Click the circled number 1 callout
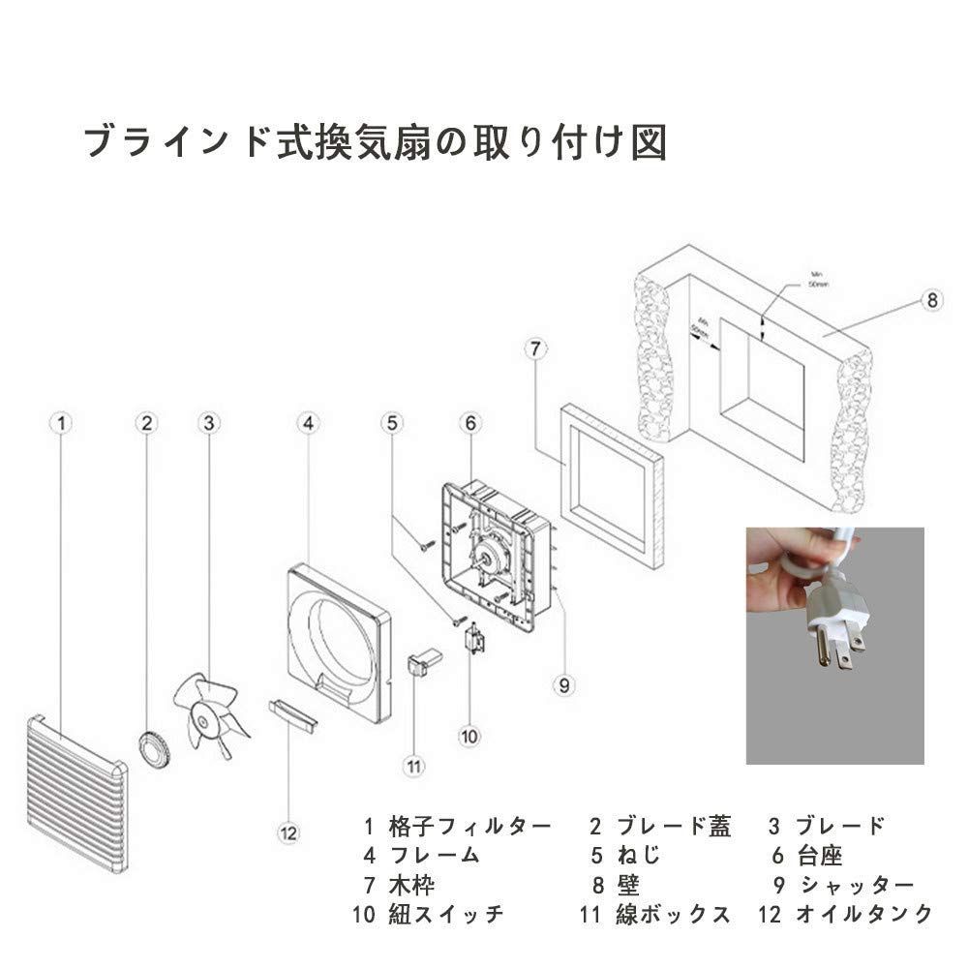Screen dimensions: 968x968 (x=62, y=422)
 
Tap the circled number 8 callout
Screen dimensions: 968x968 (x=931, y=300)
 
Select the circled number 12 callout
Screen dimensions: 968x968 (x=289, y=832)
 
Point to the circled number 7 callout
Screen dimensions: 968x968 (x=539, y=348)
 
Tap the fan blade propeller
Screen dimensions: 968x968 (x=206, y=717)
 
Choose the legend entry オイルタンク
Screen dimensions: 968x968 (x=863, y=913)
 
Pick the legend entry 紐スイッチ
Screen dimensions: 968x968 (x=446, y=913)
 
